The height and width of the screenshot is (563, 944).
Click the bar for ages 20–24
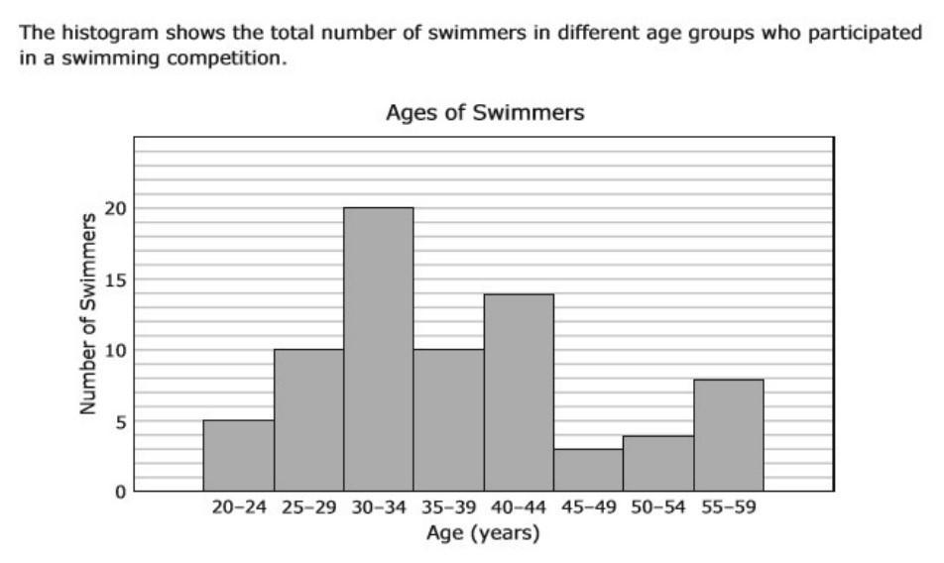pos(238,456)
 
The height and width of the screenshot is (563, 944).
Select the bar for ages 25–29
pos(308,420)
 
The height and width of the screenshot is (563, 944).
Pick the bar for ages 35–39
pos(448,420)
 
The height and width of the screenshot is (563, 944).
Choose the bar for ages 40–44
pos(519,393)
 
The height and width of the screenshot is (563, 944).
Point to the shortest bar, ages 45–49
pos(589,470)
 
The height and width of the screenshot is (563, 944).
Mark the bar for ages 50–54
pos(658,463)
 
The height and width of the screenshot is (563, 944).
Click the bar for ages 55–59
pos(729,435)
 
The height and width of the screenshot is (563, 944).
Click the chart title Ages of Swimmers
pos(484,113)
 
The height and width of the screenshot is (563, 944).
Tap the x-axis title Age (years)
pos(483,533)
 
